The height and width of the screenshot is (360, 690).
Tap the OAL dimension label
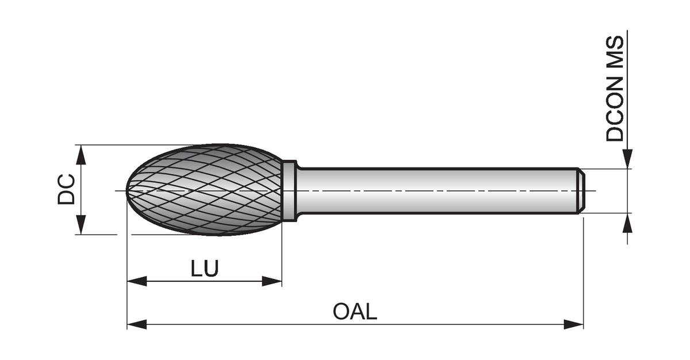point(355,312)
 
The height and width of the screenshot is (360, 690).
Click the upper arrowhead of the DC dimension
point(81,154)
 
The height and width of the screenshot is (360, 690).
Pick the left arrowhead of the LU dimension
point(136,281)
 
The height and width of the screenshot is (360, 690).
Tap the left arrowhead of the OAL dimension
point(136,324)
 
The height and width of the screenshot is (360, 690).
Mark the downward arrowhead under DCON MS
point(627,159)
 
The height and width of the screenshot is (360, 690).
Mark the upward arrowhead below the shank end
point(627,223)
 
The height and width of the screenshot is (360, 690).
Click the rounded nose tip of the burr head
point(128,190)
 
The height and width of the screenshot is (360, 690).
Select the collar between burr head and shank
point(290,190)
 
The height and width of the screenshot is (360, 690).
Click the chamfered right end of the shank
point(581,191)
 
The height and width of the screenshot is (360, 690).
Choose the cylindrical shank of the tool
point(437,191)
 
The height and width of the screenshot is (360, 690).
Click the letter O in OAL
point(341,312)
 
